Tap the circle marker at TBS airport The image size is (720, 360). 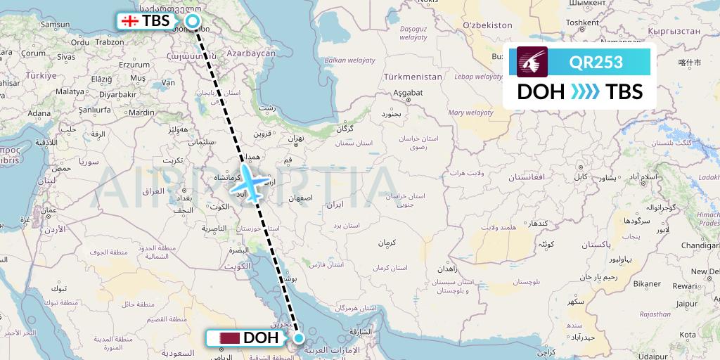[192, 21]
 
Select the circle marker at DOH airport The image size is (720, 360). [299, 338]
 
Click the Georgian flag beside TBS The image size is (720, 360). [129, 21]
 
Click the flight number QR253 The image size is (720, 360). [596, 62]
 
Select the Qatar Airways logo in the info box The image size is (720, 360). [532, 62]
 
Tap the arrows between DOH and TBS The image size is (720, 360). [585, 92]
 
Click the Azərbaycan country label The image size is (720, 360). [250, 53]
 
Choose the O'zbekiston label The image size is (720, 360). [487, 25]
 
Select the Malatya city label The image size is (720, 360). [70, 91]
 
